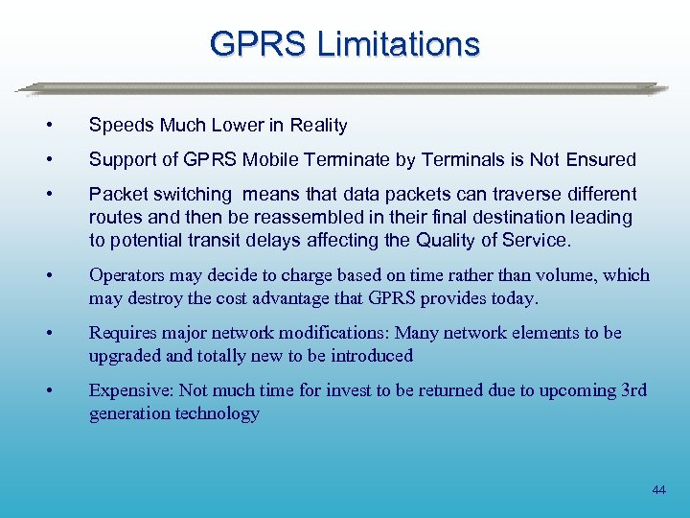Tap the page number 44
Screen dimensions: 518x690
[658, 490]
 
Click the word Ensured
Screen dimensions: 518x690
[600, 159]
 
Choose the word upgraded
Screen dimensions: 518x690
[128, 356]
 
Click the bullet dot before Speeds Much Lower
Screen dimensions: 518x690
[61, 126]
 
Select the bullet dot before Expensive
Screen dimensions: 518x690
[61, 390]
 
